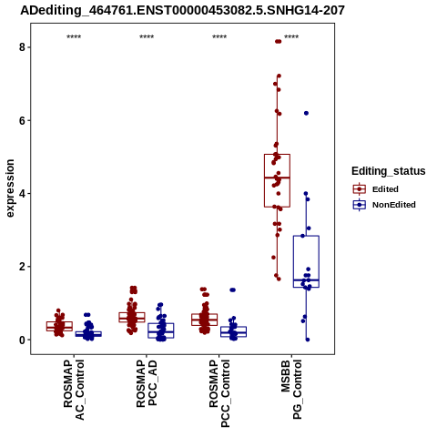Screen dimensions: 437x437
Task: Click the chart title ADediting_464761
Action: (182, 11)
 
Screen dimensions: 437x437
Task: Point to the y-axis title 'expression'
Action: (10, 188)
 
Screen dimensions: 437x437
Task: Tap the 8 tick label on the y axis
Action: (22, 47)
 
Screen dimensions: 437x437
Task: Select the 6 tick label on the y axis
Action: (22, 120)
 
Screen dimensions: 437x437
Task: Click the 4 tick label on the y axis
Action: (22, 194)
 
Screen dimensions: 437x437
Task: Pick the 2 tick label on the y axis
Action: (22, 267)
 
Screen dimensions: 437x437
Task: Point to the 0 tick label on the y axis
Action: (22, 340)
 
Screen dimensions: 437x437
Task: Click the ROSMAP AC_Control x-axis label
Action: (74, 390)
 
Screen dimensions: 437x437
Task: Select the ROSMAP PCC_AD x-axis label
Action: (147, 383)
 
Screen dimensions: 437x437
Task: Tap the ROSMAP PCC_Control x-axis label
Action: (219, 393)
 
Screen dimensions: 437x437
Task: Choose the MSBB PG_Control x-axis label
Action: (291, 390)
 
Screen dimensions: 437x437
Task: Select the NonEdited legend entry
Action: (384, 205)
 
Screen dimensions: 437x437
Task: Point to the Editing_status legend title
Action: (389, 171)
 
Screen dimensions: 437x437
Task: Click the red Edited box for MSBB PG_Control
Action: (277, 180)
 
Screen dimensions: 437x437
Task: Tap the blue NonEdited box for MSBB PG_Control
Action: (306, 261)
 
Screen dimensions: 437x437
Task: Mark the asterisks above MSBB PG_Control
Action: (291, 37)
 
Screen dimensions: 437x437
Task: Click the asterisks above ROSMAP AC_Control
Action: (74, 37)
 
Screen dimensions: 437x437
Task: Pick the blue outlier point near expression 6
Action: (306, 113)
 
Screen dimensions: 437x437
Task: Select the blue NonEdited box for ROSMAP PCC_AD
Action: (161, 330)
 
